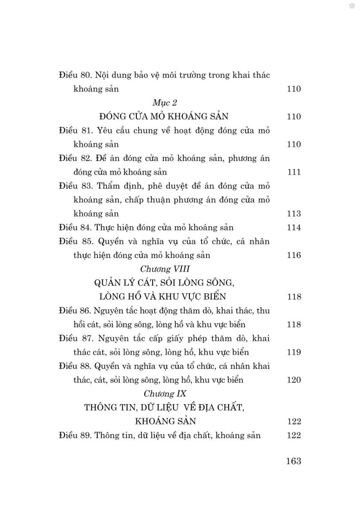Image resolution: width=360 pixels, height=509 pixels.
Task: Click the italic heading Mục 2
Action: (x=165, y=103)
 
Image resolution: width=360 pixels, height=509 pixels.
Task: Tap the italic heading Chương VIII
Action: (x=165, y=269)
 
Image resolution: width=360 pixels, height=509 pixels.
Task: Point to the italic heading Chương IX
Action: (x=165, y=393)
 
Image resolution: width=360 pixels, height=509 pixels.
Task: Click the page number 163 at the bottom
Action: (x=293, y=461)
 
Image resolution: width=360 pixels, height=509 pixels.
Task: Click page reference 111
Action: (x=294, y=172)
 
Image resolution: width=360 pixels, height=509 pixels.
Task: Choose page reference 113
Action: (x=294, y=214)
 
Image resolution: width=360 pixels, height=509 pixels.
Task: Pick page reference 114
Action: (x=294, y=228)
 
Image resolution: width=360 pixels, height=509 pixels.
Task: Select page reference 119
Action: (x=294, y=352)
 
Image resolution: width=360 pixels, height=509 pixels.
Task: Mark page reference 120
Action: (x=294, y=380)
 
